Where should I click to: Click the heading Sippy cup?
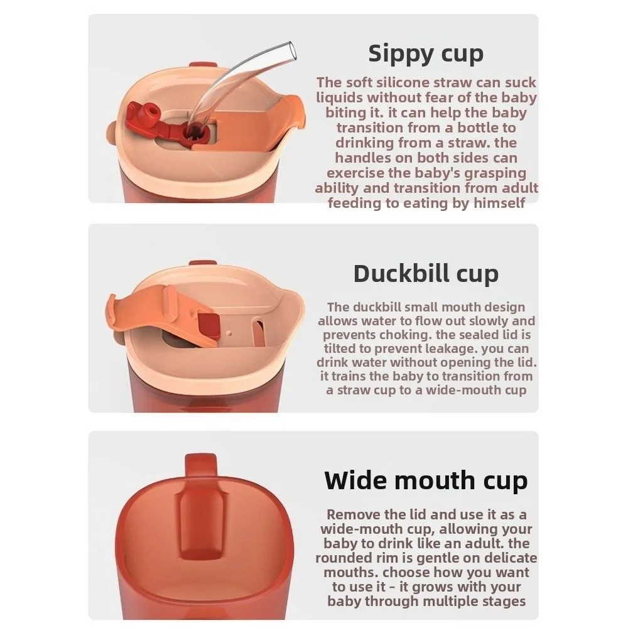pyautogui.click(x=426, y=54)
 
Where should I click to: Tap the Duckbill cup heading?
pyautogui.click(x=426, y=274)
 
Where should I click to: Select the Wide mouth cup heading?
pyautogui.click(x=426, y=480)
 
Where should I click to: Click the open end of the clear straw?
pyautogui.click(x=290, y=49)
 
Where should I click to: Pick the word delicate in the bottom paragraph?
pyautogui.click(x=504, y=558)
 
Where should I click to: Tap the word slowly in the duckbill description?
pyautogui.click(x=495, y=321)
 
